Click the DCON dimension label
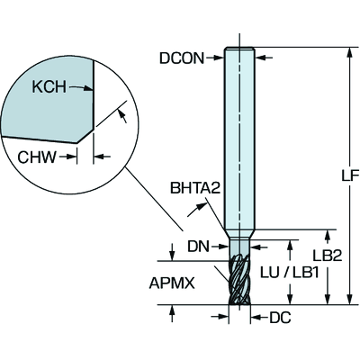pos(182,58)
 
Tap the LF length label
pos(350,175)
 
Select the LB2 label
pos(328,256)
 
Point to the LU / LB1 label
pos(289,273)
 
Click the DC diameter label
pos(280,318)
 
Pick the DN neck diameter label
pos(198,247)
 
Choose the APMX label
pos(172,283)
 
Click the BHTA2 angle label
pos(195,188)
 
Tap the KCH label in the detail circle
pos(49,87)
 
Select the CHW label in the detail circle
pos(37,157)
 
